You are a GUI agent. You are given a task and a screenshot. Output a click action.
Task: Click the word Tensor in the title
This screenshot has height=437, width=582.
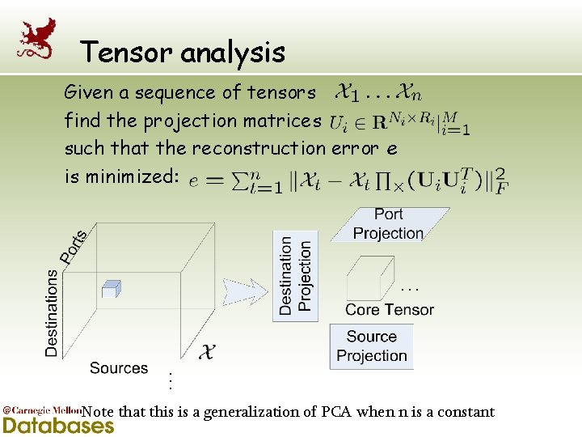click(128, 53)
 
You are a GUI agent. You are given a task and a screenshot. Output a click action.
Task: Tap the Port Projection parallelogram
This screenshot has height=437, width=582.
click(389, 224)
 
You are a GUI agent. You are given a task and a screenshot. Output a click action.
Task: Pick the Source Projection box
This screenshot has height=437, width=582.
click(372, 346)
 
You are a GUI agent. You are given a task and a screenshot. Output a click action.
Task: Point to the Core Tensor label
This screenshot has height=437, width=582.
click(389, 310)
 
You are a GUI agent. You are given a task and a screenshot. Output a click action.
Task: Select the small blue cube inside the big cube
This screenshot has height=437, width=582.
click(111, 288)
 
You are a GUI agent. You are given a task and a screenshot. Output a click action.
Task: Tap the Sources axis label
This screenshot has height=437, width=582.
click(119, 368)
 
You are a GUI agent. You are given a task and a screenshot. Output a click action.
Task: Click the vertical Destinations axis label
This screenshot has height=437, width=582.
click(53, 313)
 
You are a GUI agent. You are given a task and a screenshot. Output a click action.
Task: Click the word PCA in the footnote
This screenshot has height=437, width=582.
click(336, 412)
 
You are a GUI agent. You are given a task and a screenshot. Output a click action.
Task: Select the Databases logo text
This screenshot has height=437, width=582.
click(58, 426)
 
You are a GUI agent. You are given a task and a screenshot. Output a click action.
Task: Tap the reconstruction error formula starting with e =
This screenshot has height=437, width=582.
click(348, 179)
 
